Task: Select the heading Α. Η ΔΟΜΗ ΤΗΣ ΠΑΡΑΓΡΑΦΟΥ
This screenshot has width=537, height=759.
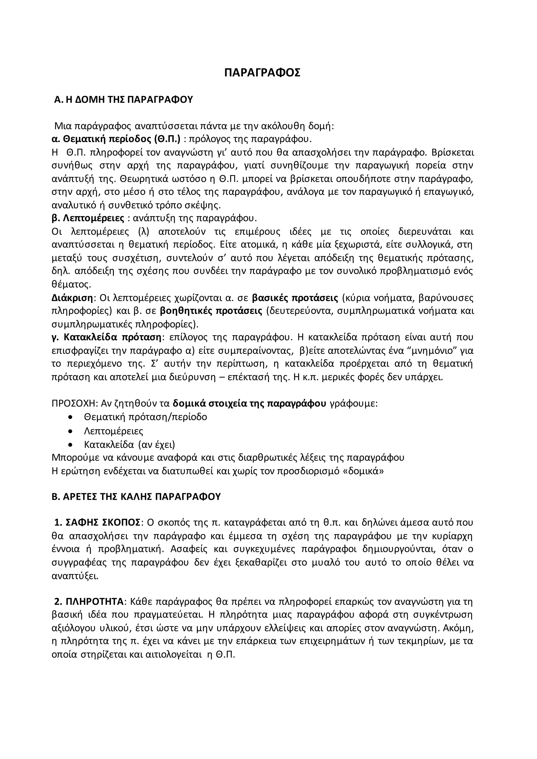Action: point(123,100)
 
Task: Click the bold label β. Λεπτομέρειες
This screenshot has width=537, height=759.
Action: point(88,219)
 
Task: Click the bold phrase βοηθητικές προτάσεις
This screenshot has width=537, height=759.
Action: point(211,311)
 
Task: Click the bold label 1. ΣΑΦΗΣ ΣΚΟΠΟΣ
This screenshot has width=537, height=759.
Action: point(98,523)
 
